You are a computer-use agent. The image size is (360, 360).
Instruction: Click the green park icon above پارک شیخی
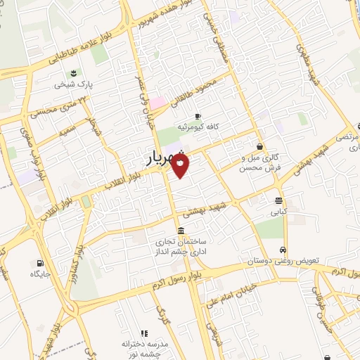73,72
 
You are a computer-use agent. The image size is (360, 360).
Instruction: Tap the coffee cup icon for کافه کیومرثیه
198,115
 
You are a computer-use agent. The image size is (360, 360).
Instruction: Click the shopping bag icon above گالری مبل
260,147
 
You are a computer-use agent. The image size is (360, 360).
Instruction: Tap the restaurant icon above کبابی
279,198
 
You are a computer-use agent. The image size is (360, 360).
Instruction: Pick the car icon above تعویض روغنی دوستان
282,250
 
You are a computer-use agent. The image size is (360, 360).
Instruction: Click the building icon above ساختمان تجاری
181,231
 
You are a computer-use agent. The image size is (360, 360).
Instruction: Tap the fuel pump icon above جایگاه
32,264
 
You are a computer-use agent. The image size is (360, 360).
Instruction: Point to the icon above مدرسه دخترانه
144,333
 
